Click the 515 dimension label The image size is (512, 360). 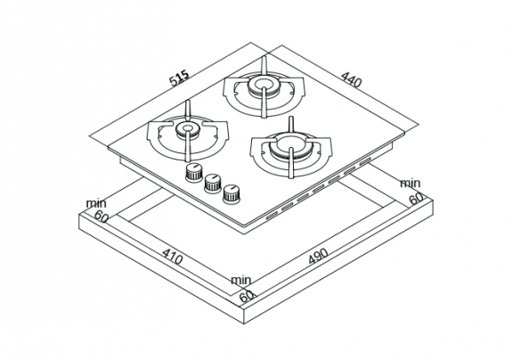[179, 78]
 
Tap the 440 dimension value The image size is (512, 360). [352, 80]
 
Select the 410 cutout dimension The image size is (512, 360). [172, 257]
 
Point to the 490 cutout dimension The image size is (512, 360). [318, 256]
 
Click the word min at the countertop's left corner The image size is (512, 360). [96, 203]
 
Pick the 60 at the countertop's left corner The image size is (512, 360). [102, 217]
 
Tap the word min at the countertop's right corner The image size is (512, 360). [410, 184]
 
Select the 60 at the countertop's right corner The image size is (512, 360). [417, 199]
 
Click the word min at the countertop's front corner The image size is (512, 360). [241, 281]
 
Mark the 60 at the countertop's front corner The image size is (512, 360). [247, 296]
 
